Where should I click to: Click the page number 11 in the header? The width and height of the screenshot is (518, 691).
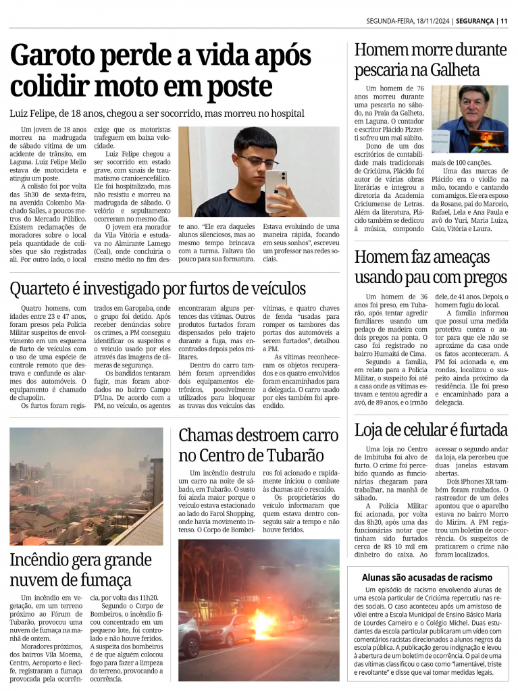click(504, 21)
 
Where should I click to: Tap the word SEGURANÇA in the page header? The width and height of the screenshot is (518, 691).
click(475, 21)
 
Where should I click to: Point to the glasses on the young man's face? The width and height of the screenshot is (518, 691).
click(257, 161)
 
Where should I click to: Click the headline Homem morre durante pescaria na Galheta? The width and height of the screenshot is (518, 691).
click(430, 59)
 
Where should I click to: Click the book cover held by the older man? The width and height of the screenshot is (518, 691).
click(487, 140)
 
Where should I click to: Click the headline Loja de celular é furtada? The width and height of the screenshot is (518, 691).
click(430, 429)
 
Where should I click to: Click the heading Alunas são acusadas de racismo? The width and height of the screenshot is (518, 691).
click(427, 578)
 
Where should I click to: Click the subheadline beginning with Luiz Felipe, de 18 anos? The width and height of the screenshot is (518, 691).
click(157, 113)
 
